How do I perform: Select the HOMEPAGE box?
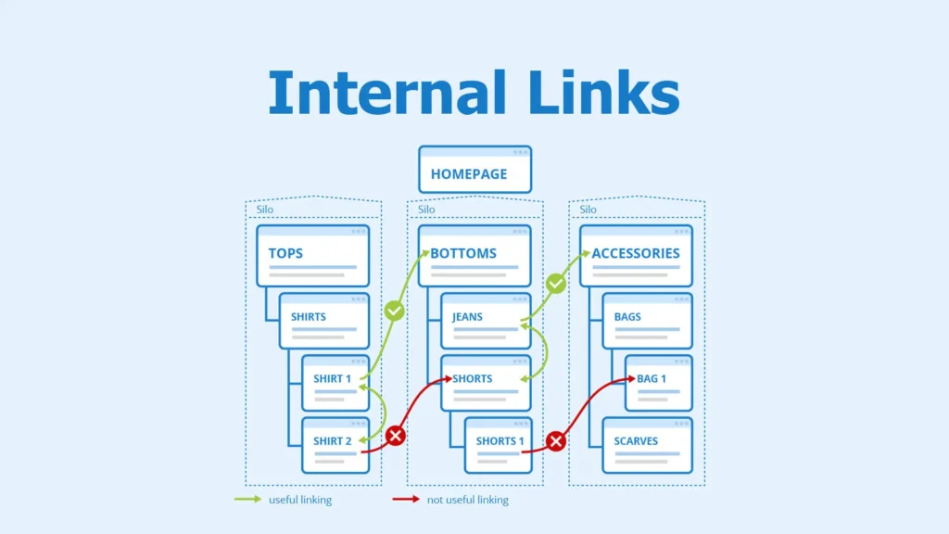coord(474,170)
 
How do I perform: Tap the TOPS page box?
coord(312,255)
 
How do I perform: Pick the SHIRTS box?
coord(323,321)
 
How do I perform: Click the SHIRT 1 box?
coord(335,382)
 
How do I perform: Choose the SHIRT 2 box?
coord(335,445)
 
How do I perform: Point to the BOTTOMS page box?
coord(474,255)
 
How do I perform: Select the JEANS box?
coord(485,321)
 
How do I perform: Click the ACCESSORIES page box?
coord(636,255)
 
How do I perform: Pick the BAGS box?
coord(647,321)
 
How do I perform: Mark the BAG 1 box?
coord(658,382)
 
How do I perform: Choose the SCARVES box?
coord(647,445)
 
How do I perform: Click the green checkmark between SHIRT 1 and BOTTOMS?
coord(395,311)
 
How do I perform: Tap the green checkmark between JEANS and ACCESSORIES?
coord(556,284)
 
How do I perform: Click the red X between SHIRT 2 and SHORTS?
coord(396,435)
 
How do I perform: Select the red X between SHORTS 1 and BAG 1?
coord(556,441)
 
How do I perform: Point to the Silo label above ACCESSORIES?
coord(588,210)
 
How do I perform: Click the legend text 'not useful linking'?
coord(467,500)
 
